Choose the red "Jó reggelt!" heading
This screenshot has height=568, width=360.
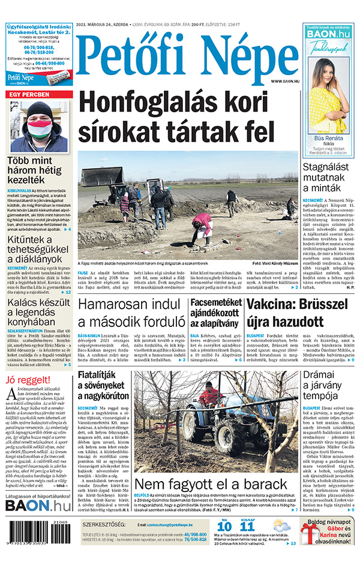pos(28,381)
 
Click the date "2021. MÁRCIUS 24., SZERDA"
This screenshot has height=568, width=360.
pos(112,25)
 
